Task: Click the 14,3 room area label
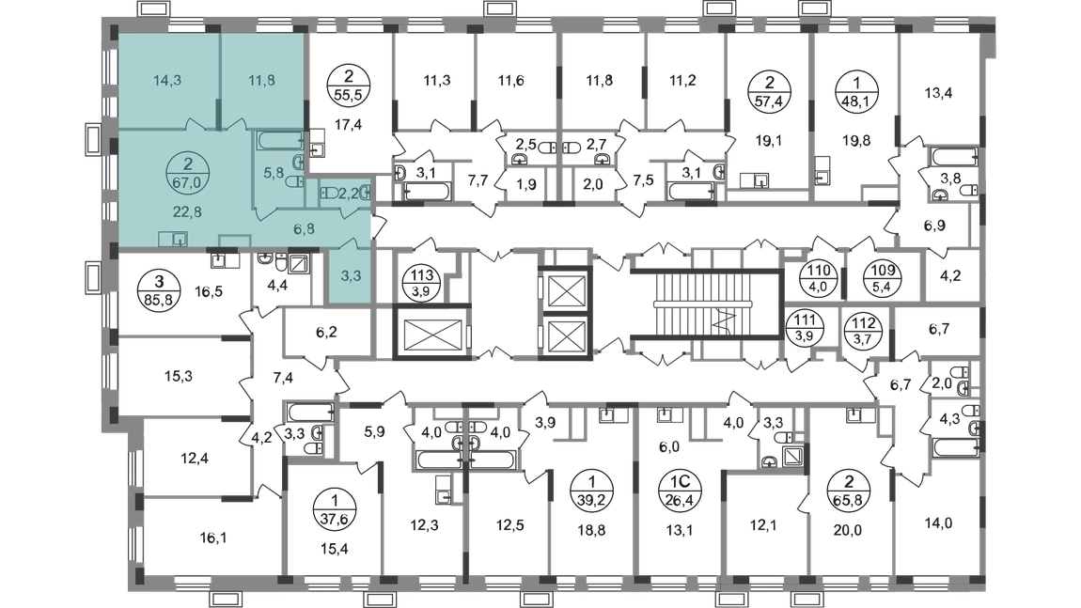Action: pyautogui.click(x=166, y=81)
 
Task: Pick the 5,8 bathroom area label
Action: pyautogui.click(x=273, y=173)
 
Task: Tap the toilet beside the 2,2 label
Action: pyautogui.click(x=328, y=192)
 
